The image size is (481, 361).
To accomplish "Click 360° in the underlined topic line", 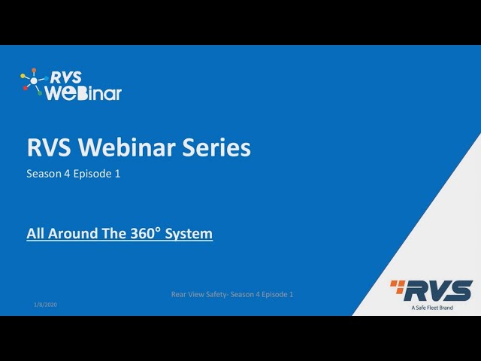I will pyautogui.click(x=145, y=233).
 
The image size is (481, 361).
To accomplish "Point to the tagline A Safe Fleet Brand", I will pyautogui.click(x=432, y=307).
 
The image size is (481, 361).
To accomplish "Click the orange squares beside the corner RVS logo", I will pyautogui.click(x=396, y=285).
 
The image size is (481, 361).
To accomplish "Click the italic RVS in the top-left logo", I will pyautogui.click(x=66, y=77).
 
